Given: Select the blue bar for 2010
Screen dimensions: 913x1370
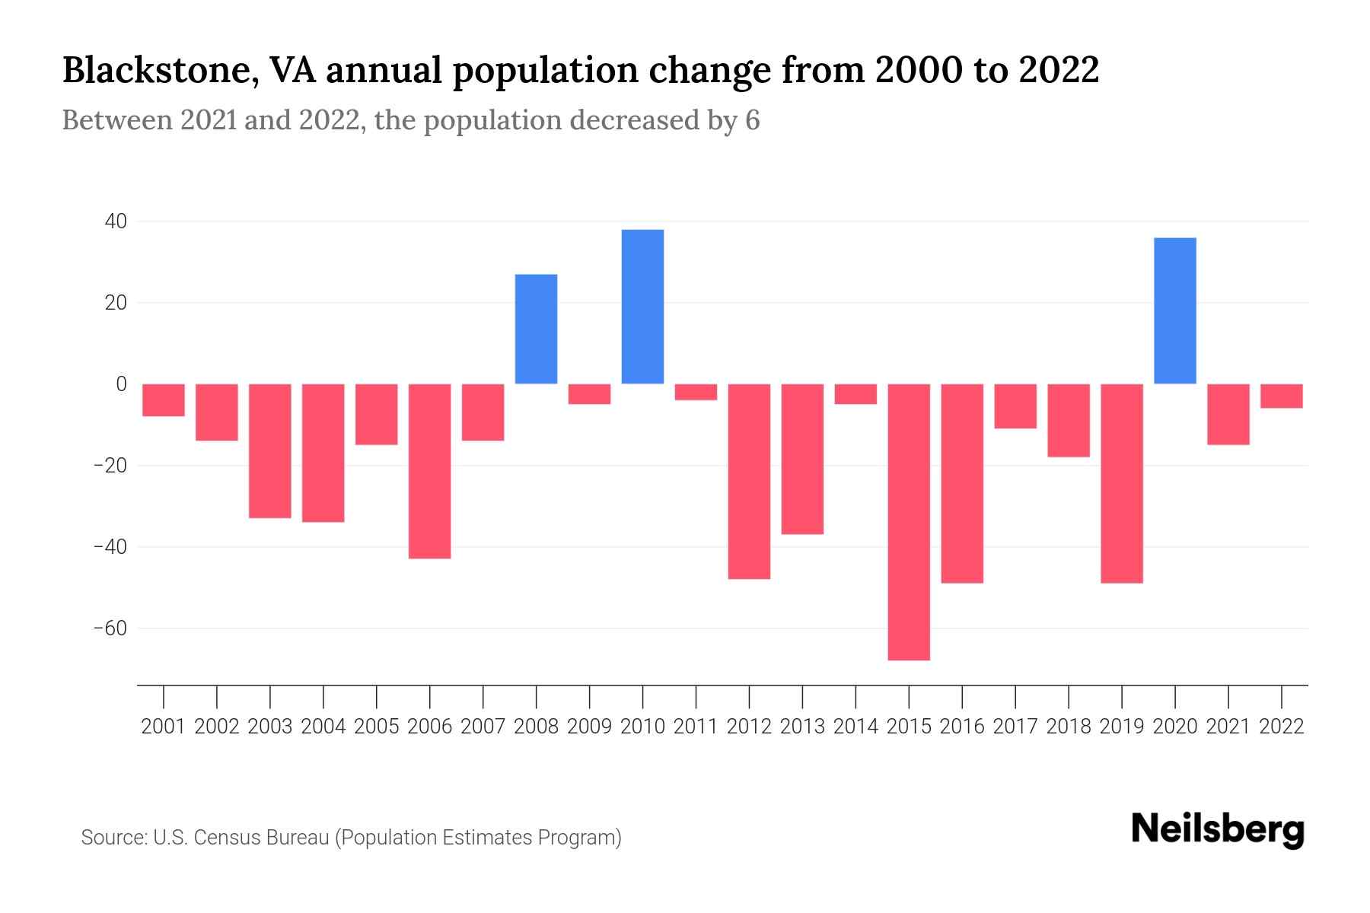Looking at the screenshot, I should [642, 307].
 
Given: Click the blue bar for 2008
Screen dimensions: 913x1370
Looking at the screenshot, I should [536, 329].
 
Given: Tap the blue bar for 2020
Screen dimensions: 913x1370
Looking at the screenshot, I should [1174, 310].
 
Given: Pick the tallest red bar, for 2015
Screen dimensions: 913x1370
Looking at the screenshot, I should [909, 522].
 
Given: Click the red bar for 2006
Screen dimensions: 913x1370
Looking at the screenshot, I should [430, 471].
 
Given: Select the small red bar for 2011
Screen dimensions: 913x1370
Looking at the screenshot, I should [696, 392].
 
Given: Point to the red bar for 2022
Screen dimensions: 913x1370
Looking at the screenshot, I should [1281, 396].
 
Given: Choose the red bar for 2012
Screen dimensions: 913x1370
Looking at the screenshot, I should [749, 482].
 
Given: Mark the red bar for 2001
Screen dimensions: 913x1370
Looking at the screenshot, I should [164, 400].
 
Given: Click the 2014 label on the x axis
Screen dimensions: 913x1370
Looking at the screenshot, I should [855, 727].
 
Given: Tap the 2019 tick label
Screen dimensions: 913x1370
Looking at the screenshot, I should [1122, 727].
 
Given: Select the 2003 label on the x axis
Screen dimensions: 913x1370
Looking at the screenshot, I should [270, 727].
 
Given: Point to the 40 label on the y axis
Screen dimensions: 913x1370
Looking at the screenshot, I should [116, 221].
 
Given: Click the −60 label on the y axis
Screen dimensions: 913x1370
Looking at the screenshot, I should [110, 628].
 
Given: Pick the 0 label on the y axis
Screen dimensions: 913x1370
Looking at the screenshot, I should [121, 384].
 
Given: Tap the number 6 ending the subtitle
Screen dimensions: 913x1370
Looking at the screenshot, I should [752, 121].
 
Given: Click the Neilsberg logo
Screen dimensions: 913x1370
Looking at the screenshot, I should [1218, 831].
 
